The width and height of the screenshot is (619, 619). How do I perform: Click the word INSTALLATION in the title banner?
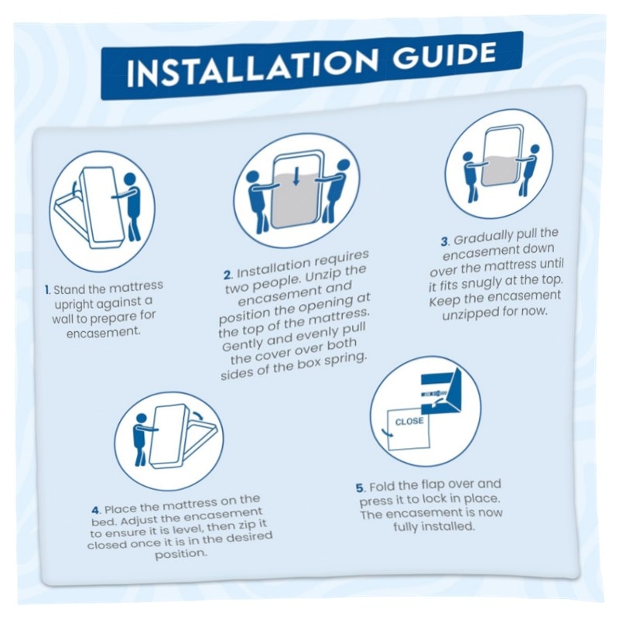[x=253, y=68]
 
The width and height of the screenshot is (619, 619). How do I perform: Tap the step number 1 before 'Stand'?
[x=47, y=290]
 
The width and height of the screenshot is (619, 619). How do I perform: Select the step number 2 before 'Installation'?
[x=228, y=275]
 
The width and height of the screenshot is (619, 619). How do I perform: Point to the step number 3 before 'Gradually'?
[x=444, y=241]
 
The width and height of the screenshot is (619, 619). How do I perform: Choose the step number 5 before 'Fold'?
[x=360, y=488]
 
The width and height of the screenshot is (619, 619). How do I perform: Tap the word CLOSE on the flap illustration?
[x=409, y=422]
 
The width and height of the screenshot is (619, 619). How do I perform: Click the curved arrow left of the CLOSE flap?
[x=386, y=433]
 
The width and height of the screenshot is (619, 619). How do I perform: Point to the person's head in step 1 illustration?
[x=130, y=180]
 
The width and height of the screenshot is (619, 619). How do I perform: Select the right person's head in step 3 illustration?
[x=535, y=149]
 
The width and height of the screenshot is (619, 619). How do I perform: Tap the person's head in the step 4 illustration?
[x=141, y=419]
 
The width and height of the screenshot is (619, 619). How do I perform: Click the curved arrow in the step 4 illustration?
[x=200, y=416]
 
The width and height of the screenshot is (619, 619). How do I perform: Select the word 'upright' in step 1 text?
[x=74, y=305]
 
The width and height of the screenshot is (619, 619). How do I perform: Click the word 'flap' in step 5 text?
[x=433, y=485]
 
